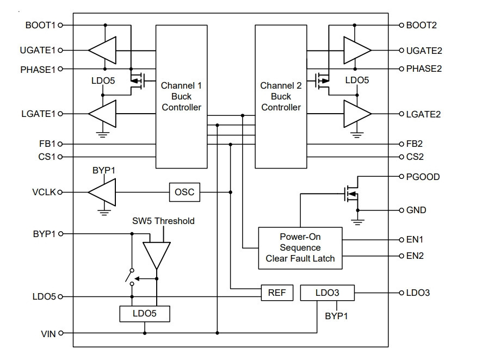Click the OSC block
coord(184,192)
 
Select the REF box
coord(277,293)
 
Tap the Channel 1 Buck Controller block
coord(182,97)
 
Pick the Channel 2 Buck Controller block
coord(281,97)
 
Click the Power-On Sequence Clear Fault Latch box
coord(300,248)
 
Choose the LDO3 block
coord(328,293)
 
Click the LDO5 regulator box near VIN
coord(145,314)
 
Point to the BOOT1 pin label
coord(40,25)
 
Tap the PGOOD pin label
coord(423,177)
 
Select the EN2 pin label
coord(415,256)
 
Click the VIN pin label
coord(48,334)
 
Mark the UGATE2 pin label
coord(424,51)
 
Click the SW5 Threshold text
coord(163,221)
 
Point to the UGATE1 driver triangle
coord(102,51)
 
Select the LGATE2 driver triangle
coord(357,114)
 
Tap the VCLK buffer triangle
coord(102,192)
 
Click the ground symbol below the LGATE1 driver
coord(102,135)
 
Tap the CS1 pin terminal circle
coord(60,157)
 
